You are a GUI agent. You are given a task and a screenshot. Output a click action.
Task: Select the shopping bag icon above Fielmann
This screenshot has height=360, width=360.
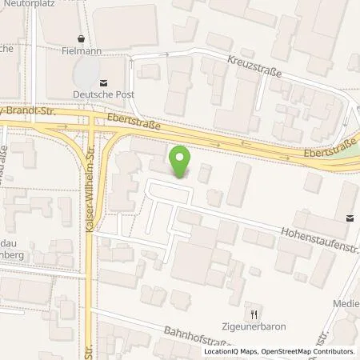tap(81, 38)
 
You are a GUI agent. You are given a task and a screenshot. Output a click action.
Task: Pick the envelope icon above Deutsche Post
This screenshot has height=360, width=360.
tap(102, 82)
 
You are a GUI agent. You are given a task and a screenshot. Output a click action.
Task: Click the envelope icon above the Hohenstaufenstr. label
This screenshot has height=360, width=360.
tap(350, 217)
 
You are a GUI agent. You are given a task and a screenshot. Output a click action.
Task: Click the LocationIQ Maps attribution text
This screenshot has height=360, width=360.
tap(233, 351)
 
